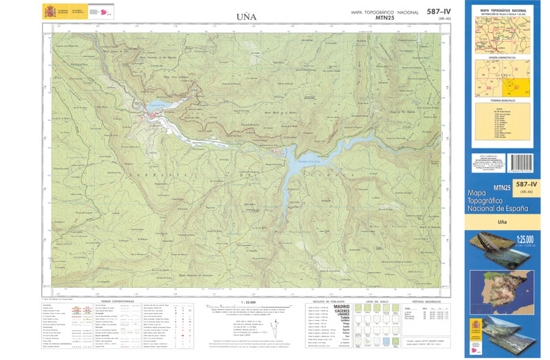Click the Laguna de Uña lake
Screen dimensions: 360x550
click(154, 108)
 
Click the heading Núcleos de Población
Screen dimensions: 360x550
click(327, 301)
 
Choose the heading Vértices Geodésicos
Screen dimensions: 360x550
click(426, 301)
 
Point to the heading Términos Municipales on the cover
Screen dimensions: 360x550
click(502, 100)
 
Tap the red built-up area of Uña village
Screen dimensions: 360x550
click(161, 121)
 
